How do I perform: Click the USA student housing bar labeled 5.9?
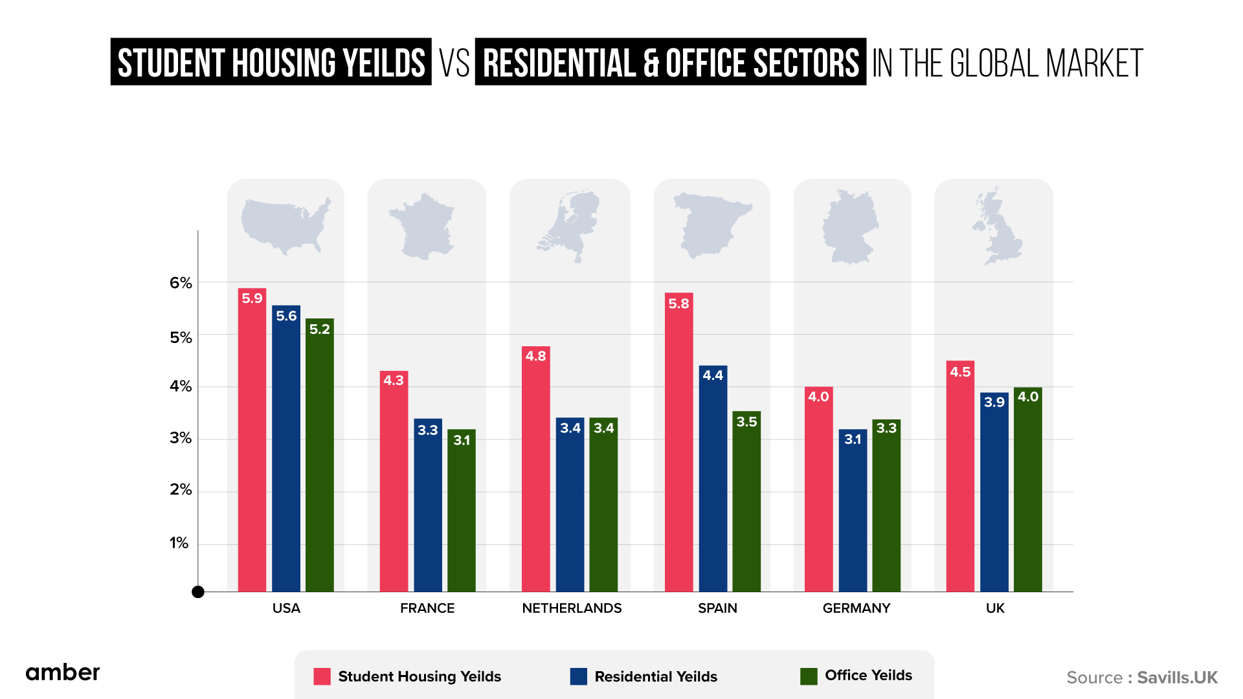[x=252, y=440]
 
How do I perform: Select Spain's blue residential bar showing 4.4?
[x=713, y=479]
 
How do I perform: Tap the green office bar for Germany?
[x=886, y=505]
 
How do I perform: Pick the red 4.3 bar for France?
[x=394, y=482]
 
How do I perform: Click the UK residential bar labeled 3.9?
[x=994, y=492]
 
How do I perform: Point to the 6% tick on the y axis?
[x=181, y=283]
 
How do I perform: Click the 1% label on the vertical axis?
[x=179, y=543]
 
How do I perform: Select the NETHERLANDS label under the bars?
[x=572, y=608]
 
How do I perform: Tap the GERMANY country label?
[x=856, y=608]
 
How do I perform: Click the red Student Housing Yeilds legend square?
[x=322, y=676]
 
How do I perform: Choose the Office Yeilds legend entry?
[x=868, y=676]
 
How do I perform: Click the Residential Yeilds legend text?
[x=655, y=677]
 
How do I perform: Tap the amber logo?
[x=63, y=672]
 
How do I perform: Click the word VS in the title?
[x=454, y=63]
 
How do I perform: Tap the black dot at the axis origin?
[x=198, y=592]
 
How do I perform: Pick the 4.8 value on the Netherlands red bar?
[x=535, y=356]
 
